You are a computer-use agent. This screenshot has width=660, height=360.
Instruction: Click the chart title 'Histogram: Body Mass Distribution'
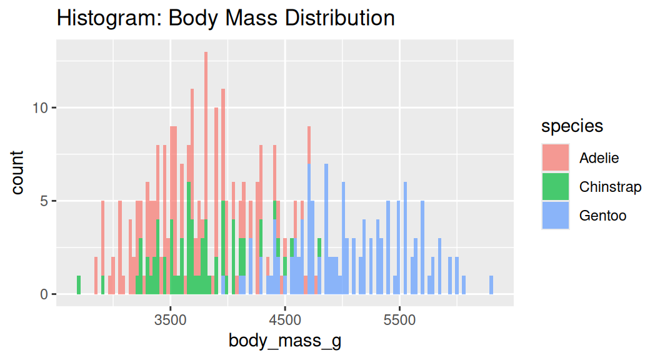[226, 17]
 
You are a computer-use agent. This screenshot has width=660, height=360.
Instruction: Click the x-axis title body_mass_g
[285, 341]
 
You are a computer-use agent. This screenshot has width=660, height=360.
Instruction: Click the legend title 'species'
[572, 126]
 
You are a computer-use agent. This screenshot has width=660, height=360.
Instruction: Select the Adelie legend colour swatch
[556, 157]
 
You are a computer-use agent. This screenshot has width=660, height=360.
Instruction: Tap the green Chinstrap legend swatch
[556, 187]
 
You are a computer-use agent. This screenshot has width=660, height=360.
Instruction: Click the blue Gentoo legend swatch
[556, 216]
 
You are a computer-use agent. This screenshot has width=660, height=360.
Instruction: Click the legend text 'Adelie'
[599, 157]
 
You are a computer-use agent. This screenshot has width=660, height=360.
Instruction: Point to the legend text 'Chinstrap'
[610, 187]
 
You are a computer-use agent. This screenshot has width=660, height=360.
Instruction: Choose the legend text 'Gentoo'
[602, 216]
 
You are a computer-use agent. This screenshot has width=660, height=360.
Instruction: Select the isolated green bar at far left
[79, 285]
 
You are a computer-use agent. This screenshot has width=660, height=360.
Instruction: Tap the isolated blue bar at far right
[491, 285]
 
